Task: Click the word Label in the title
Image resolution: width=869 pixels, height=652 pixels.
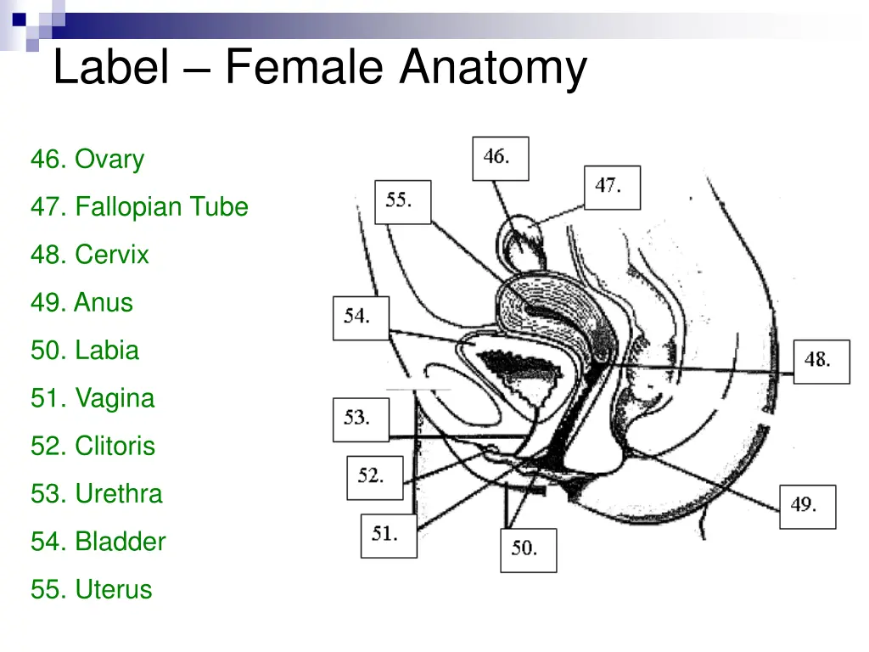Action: [110, 68]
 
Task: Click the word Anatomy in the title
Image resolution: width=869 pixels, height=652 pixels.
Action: [493, 68]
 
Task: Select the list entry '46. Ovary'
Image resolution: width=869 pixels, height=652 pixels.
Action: [87, 159]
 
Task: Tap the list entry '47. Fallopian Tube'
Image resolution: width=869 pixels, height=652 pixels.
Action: [139, 206]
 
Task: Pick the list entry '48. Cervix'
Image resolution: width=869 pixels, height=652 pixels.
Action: [90, 254]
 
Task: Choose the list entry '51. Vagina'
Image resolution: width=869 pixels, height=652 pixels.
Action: [93, 397]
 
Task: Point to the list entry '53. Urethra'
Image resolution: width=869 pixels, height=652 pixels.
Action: [96, 493]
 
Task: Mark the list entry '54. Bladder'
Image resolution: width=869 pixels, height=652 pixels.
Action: [98, 541]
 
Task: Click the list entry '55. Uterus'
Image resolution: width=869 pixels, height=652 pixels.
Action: [91, 589]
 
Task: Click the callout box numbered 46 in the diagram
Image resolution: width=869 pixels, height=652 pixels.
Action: [500, 158]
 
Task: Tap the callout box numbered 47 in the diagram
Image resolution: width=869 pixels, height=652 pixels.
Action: [612, 187]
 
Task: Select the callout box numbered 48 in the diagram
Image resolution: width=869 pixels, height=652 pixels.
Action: [821, 361]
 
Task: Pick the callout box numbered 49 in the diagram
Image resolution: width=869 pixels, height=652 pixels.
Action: [807, 507]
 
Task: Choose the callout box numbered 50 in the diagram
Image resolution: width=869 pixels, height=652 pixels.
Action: [528, 550]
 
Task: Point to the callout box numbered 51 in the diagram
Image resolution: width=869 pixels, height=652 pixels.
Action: [389, 536]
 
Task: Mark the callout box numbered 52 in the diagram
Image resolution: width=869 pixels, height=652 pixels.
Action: [374, 477]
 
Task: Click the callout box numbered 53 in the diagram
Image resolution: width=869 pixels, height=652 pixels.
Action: [361, 419]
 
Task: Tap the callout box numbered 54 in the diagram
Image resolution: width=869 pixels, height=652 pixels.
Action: [361, 318]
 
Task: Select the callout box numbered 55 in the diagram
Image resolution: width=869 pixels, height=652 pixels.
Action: [402, 202]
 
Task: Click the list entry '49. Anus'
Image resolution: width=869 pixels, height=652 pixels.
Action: [81, 302]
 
